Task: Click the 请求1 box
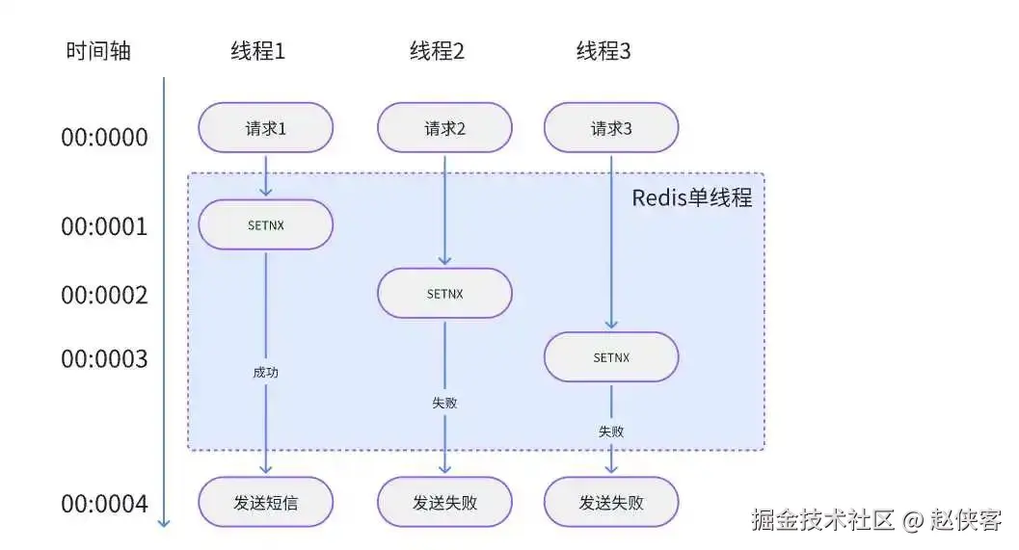pos(265,128)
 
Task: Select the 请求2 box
pos(444,128)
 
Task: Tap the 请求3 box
pos(611,128)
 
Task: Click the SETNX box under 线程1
pos(265,225)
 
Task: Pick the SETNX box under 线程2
pos(444,294)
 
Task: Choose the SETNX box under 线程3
pos(611,357)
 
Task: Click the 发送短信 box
pos(265,503)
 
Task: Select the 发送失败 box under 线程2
pos(444,503)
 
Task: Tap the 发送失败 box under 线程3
pos(611,503)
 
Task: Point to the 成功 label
pos(265,372)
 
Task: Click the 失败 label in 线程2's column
pos(444,403)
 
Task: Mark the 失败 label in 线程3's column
pos(611,432)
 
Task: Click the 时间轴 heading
pos(97,51)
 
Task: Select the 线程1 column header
pos(257,51)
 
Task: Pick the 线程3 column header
pos(603,51)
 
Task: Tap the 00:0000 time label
pos(104,138)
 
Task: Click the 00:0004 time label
pos(104,505)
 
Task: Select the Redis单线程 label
pos(691,198)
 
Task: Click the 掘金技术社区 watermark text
pos(823,521)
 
